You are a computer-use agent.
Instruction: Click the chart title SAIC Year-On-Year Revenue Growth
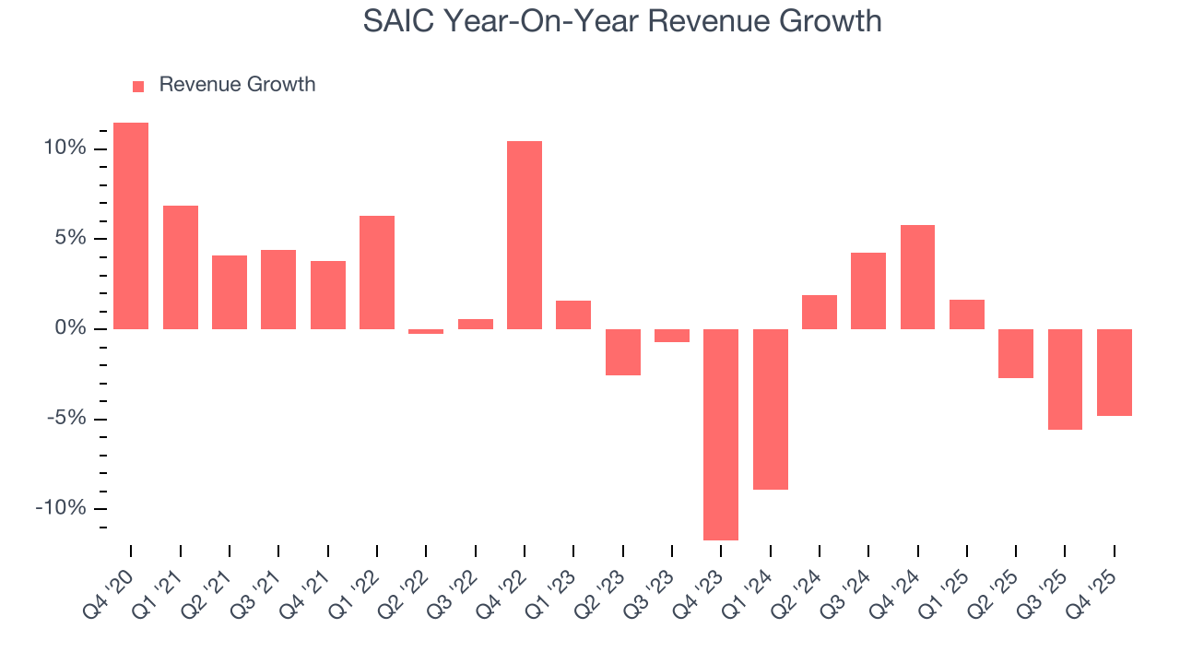click(622, 20)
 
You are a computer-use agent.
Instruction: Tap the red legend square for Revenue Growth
click(138, 86)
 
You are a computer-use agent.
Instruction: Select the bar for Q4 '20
click(131, 226)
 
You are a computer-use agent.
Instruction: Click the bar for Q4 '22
click(525, 235)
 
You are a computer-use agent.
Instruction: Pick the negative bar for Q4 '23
click(721, 434)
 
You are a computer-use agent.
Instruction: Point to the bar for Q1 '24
click(771, 409)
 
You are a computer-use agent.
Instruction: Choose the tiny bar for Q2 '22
click(426, 331)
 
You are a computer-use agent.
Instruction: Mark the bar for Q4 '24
click(917, 277)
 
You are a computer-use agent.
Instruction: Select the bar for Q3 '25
click(1065, 379)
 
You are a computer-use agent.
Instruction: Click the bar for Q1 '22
click(377, 272)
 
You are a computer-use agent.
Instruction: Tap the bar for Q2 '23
click(623, 352)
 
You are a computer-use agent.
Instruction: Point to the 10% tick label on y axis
click(64, 148)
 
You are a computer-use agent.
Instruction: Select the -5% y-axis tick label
click(66, 419)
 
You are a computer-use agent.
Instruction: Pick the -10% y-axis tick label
click(62, 509)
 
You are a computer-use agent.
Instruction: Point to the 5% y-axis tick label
click(70, 239)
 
